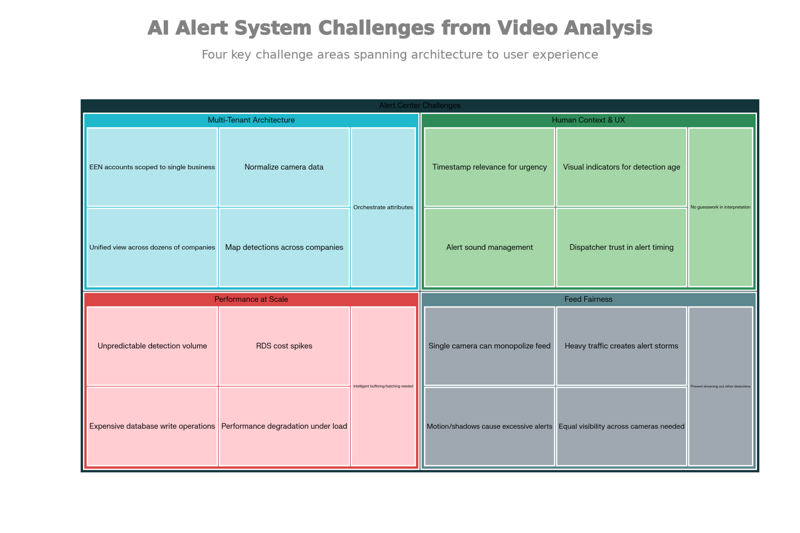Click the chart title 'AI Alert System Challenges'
[x=400, y=28]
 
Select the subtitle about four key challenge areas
[x=400, y=55]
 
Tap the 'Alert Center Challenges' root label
[x=420, y=105]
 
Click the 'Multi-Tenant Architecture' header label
[x=251, y=120]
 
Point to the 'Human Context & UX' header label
[x=588, y=120]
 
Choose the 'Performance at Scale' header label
[x=251, y=299]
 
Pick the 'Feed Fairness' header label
[x=588, y=299]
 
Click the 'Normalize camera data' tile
[x=284, y=167]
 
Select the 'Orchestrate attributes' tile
[x=383, y=207]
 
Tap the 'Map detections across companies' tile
[x=284, y=247]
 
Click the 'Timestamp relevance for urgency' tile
[x=489, y=167]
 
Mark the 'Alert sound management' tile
[x=489, y=247]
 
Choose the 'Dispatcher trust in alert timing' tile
[x=621, y=247]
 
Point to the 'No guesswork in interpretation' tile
[x=720, y=207]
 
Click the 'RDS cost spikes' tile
[x=284, y=346]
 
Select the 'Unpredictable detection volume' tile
[x=152, y=346]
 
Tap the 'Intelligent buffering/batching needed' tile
[x=383, y=386]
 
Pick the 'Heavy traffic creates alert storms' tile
[x=621, y=346]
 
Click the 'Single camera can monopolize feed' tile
[x=489, y=346]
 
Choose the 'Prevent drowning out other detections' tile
[x=720, y=386]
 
